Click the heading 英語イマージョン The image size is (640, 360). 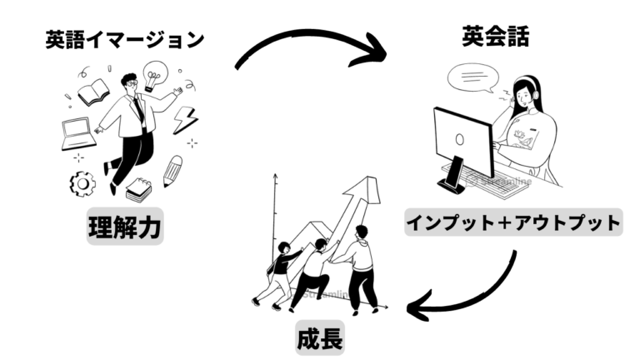click(124, 40)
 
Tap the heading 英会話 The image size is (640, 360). click(496, 36)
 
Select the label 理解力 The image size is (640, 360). click(125, 227)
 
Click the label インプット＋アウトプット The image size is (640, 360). click(513, 222)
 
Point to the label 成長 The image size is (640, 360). click(320, 338)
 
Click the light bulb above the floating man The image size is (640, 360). click(155, 75)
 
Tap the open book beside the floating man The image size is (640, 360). click(93, 92)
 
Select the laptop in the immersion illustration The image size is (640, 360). click(78, 133)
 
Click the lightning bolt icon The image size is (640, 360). click(185, 120)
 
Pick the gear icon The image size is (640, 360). click(82, 184)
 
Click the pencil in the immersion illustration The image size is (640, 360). click(172, 171)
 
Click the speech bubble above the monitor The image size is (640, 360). click(473, 77)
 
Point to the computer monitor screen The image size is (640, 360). click(462, 141)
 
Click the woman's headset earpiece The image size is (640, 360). click(535, 95)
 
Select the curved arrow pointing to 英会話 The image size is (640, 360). click(310, 40)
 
